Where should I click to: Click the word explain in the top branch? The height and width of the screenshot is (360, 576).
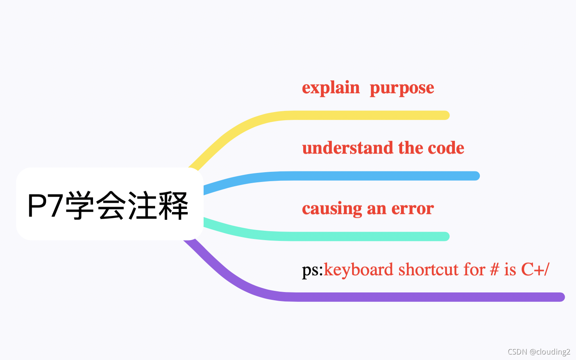click(x=331, y=88)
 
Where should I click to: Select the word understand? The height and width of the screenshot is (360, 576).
click(x=347, y=148)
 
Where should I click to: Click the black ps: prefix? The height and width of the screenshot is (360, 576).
click(x=312, y=270)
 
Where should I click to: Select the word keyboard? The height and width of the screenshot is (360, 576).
click(x=358, y=270)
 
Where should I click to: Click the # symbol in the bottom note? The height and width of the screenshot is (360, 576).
click(x=494, y=270)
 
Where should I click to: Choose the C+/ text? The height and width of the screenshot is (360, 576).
click(x=535, y=270)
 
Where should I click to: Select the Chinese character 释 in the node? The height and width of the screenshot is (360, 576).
click(x=173, y=205)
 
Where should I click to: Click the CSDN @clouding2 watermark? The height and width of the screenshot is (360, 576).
click(x=539, y=352)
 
